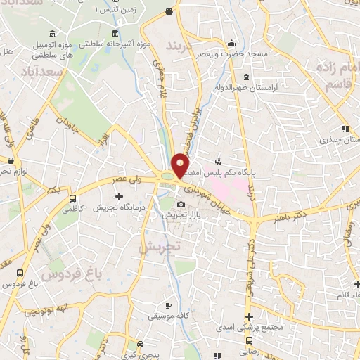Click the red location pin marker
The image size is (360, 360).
[x=180, y=165]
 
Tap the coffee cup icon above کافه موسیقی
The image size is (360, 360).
[x=167, y=306]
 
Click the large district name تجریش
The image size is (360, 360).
[x=160, y=247]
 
